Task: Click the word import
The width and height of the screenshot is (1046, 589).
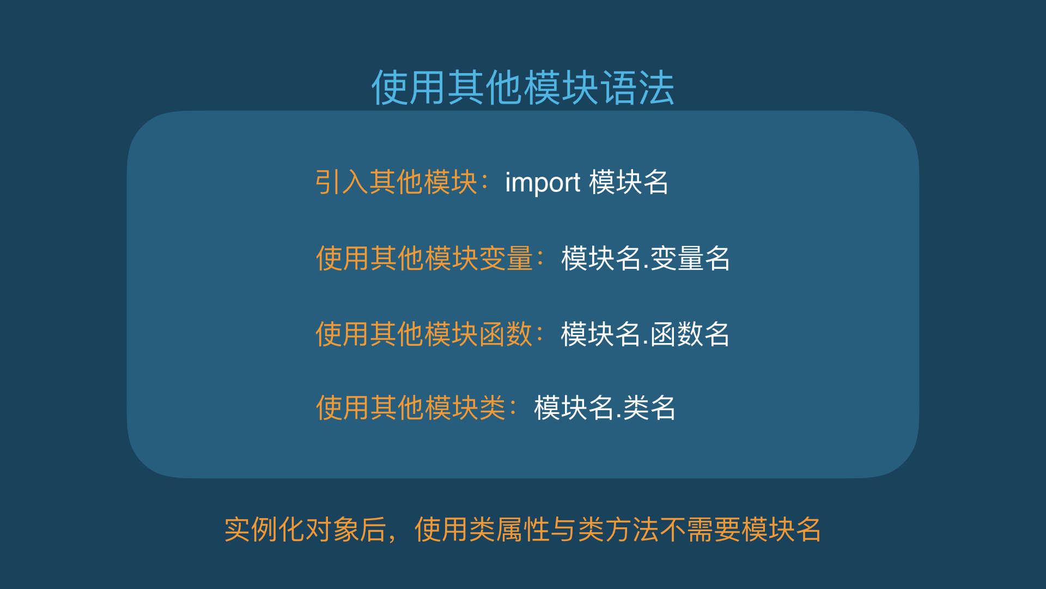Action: [x=543, y=183]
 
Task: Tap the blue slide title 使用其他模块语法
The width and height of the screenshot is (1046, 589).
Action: [x=523, y=87]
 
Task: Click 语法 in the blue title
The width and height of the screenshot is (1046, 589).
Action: [x=637, y=87]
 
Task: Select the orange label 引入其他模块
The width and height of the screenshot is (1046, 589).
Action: [x=397, y=182]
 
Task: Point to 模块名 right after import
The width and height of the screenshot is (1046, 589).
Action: [x=629, y=182]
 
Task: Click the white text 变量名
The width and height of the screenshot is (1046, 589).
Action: [x=690, y=258]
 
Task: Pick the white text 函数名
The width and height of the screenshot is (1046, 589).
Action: [x=690, y=334]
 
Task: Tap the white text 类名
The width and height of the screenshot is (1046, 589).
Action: [x=649, y=408]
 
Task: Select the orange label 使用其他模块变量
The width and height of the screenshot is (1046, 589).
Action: [x=424, y=258]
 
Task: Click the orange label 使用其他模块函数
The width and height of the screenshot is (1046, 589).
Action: [x=424, y=334]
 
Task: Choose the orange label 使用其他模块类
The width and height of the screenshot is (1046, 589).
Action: [x=411, y=408]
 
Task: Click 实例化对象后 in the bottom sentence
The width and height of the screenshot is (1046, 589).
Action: [x=306, y=530]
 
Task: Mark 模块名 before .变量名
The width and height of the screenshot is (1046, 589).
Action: [x=601, y=258]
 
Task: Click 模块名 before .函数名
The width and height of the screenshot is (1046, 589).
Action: [x=601, y=334]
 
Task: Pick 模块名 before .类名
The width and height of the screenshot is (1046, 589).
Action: [x=574, y=408]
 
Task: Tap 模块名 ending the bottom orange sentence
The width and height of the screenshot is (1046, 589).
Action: [x=781, y=530]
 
